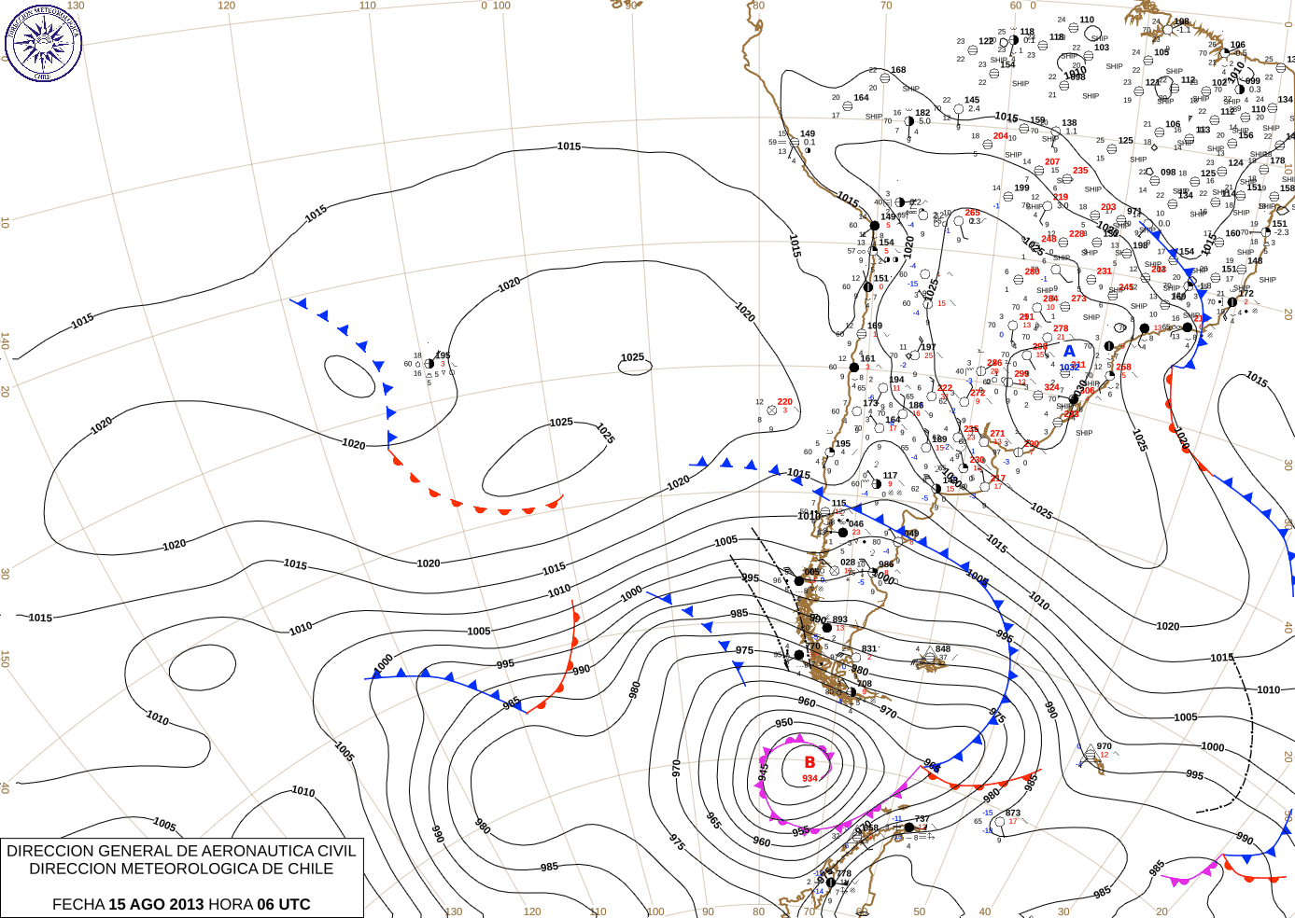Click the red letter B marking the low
pyautogui.click(x=809, y=762)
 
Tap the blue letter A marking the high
pyautogui.click(x=1069, y=352)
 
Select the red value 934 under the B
pyautogui.click(x=809, y=778)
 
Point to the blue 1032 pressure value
pyautogui.click(x=1069, y=368)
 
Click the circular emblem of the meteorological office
pyautogui.click(x=43, y=42)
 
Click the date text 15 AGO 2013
pyautogui.click(x=156, y=904)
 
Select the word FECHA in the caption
pyautogui.click(x=77, y=904)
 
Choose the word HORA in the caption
pyautogui.click(x=229, y=904)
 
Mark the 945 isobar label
pyautogui.click(x=763, y=772)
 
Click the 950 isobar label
pyautogui.click(x=784, y=722)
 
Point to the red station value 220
pyautogui.click(x=784, y=402)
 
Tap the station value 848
pyautogui.click(x=943, y=648)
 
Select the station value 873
pyautogui.click(x=1013, y=813)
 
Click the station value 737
pyautogui.click(x=922, y=818)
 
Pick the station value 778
pyautogui.click(x=844, y=873)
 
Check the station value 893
pyautogui.click(x=840, y=619)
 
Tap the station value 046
pyautogui.click(x=856, y=523)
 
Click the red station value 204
pyautogui.click(x=1000, y=135)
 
